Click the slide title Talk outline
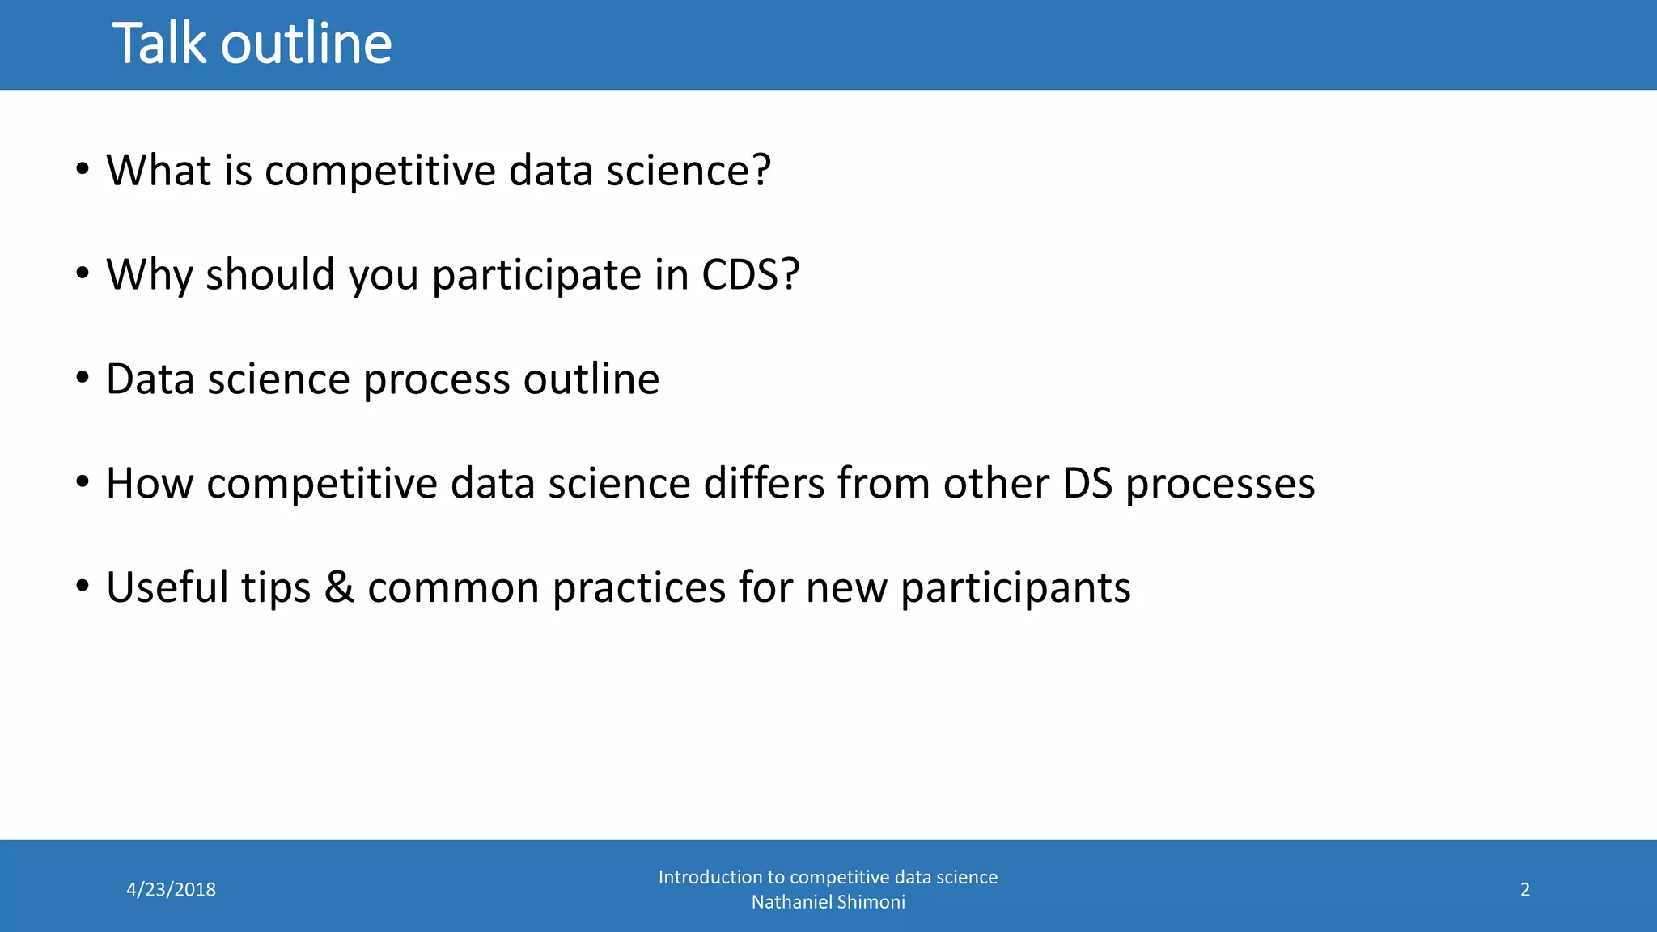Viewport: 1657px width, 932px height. [252, 44]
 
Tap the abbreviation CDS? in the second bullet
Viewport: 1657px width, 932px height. [750, 275]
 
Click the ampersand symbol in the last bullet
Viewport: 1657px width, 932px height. [339, 588]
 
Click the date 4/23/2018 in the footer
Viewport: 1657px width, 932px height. [171, 890]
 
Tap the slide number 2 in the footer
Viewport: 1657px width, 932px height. [1524, 890]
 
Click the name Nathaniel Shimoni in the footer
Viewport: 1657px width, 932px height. [828, 902]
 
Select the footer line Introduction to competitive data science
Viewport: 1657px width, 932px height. [828, 877]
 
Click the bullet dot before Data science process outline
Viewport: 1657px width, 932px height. [83, 379]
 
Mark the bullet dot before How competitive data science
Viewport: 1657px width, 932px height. [83, 483]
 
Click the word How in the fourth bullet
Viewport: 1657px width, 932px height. [150, 484]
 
